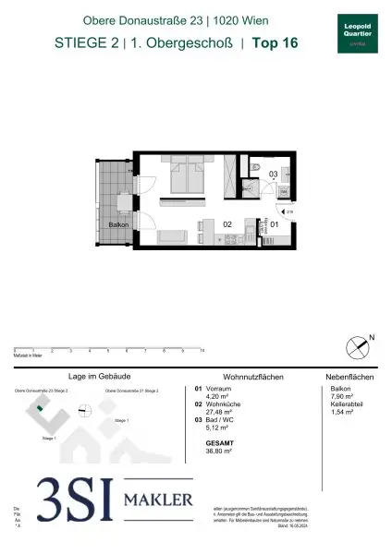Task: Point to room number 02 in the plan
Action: click(227, 223)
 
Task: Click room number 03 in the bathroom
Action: click(273, 174)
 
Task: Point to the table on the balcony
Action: click(122, 200)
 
